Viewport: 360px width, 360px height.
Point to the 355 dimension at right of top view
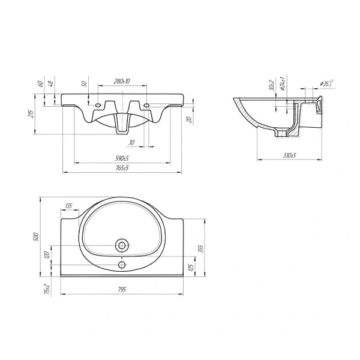coord(201,248)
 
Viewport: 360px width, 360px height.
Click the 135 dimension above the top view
coord(68,206)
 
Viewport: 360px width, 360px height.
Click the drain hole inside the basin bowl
coord(122,244)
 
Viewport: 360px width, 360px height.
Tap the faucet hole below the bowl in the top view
coord(122,265)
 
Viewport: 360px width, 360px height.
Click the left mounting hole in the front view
coord(98,107)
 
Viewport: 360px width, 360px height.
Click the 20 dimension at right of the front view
coord(190,120)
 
